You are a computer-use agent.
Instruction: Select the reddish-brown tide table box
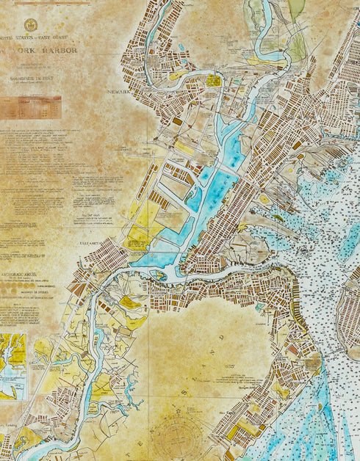[x=30, y=107]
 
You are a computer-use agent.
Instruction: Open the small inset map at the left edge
[x=13, y=366]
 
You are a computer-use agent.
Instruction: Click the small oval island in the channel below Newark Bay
[x=157, y=275]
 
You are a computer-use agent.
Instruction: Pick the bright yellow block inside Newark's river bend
[x=213, y=80]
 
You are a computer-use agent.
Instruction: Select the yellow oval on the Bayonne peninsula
[x=264, y=199]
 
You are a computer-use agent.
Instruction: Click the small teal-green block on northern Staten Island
[x=259, y=305]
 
